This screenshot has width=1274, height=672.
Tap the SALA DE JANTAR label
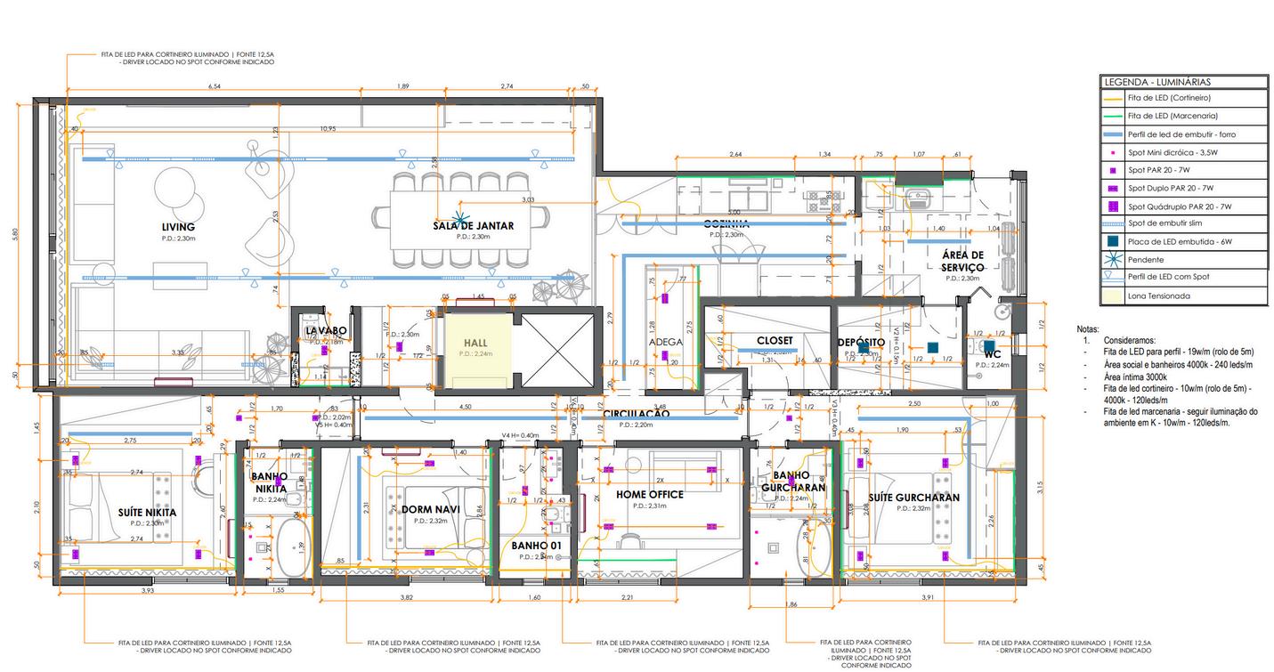coord(474,226)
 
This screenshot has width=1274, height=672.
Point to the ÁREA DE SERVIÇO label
coord(962,261)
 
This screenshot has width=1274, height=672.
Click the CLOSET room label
coord(775,341)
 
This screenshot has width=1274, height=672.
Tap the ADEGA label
coord(666,342)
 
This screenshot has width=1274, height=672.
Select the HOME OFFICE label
coord(650,494)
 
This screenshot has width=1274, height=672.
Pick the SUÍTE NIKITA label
coord(147,513)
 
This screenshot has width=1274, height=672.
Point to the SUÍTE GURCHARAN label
coord(915,498)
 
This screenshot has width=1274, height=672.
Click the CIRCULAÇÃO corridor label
coord(636,414)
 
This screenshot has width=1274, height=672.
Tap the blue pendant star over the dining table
coord(460,216)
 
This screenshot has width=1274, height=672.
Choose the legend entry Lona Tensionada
coord(1158,296)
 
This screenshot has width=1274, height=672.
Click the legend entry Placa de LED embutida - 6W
coord(1171,241)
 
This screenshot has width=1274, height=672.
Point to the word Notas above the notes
coord(1088,329)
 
